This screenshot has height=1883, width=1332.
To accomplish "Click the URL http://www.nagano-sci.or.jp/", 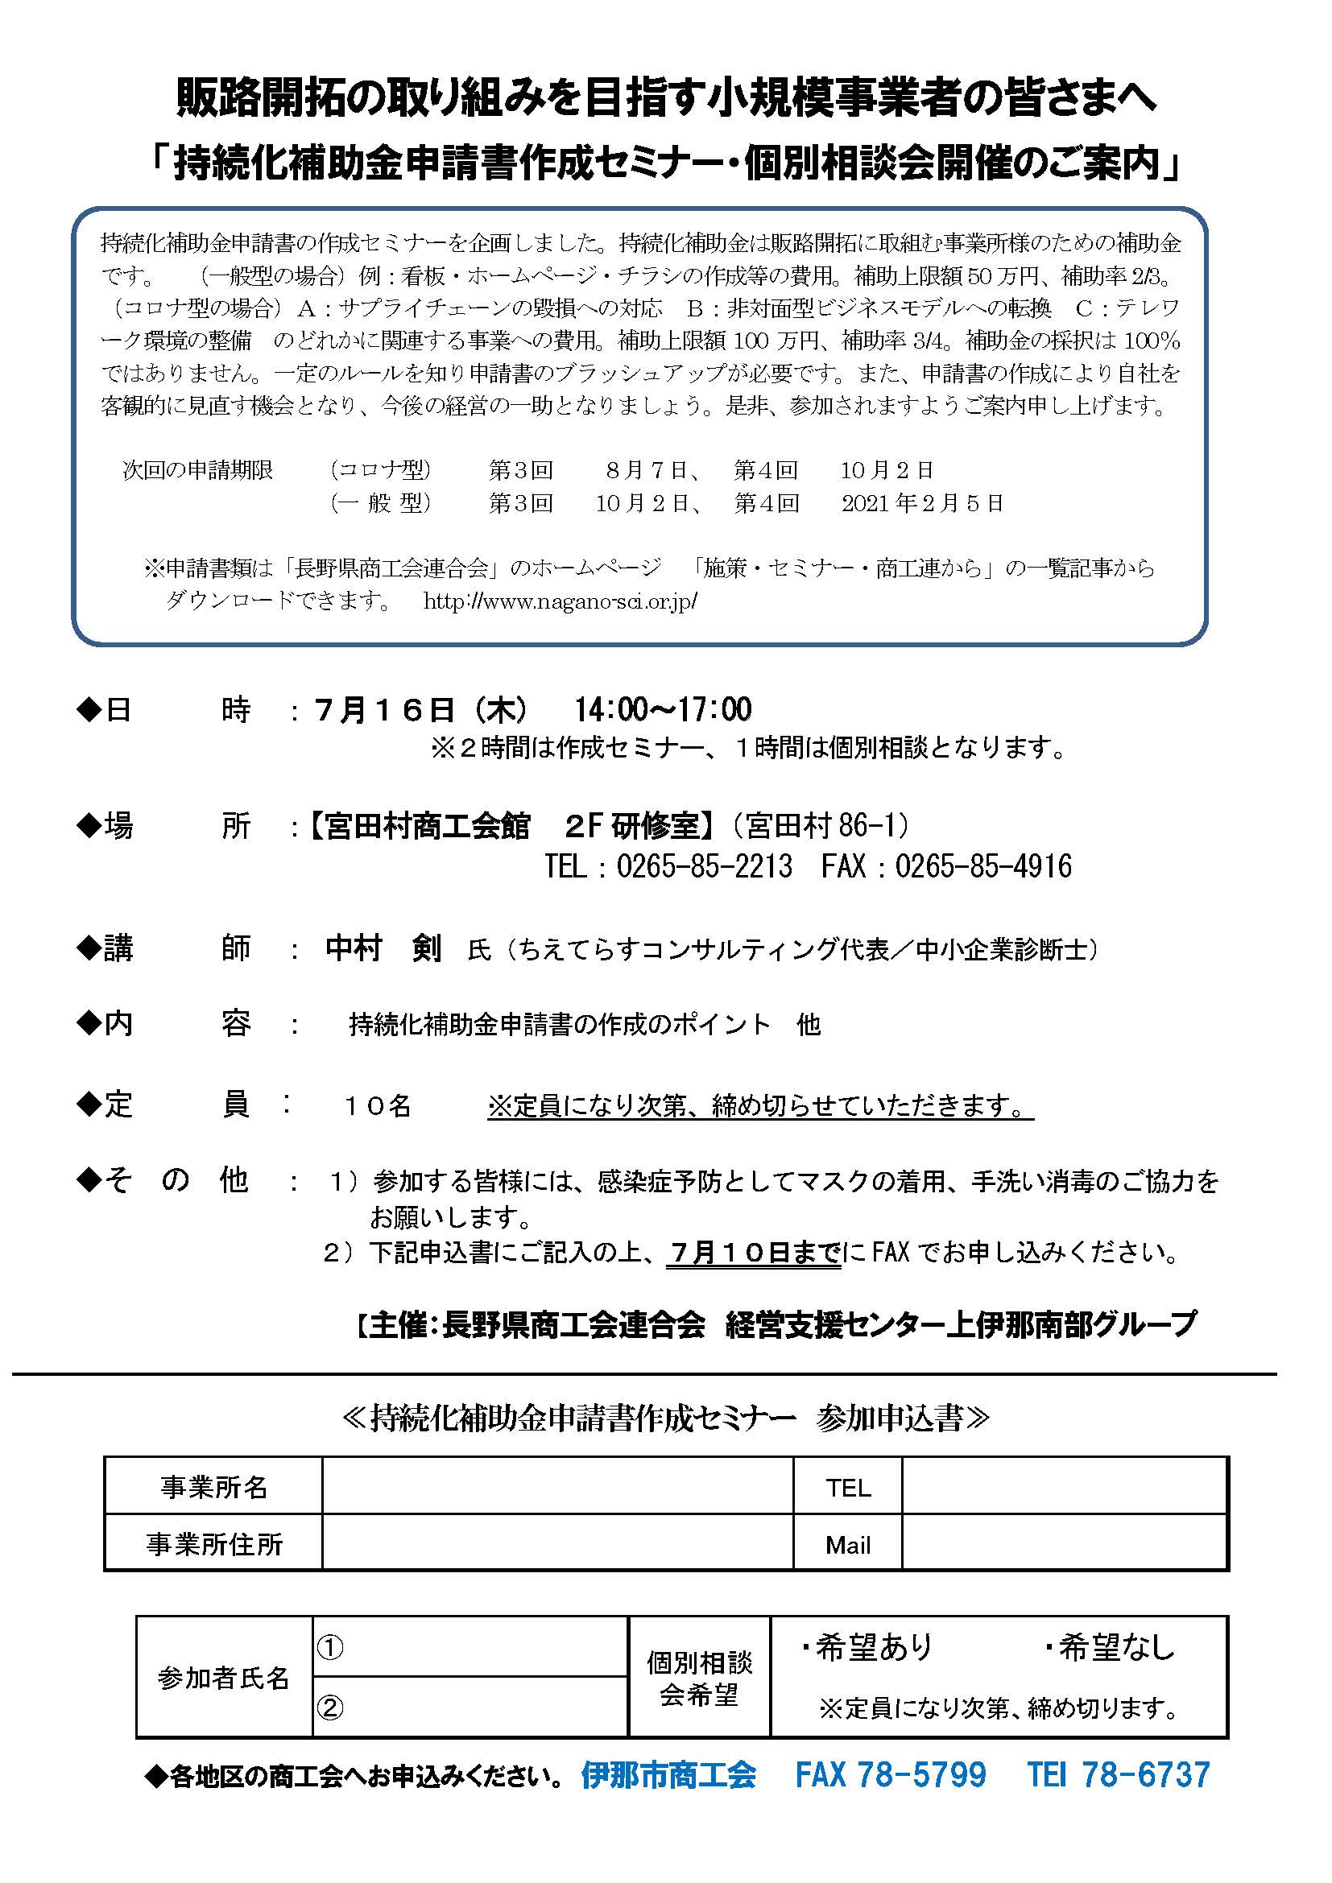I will (x=561, y=601).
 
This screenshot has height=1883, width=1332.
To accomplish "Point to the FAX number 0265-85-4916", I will (x=982, y=866).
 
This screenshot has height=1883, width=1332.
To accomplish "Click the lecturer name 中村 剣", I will (x=383, y=949).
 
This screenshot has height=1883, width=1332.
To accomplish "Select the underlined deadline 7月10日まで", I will (x=754, y=1252).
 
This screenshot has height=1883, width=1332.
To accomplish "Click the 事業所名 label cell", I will (x=213, y=1487).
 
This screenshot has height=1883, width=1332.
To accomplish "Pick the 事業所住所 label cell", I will (x=213, y=1544).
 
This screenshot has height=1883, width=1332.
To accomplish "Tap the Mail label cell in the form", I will (x=847, y=1545).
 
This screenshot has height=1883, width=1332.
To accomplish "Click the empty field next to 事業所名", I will (x=558, y=1487).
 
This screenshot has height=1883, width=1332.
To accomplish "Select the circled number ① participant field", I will (x=470, y=1647).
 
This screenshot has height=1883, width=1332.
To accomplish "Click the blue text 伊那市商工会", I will (x=668, y=1776).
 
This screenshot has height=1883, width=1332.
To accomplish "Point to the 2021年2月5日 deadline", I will (x=922, y=502).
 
